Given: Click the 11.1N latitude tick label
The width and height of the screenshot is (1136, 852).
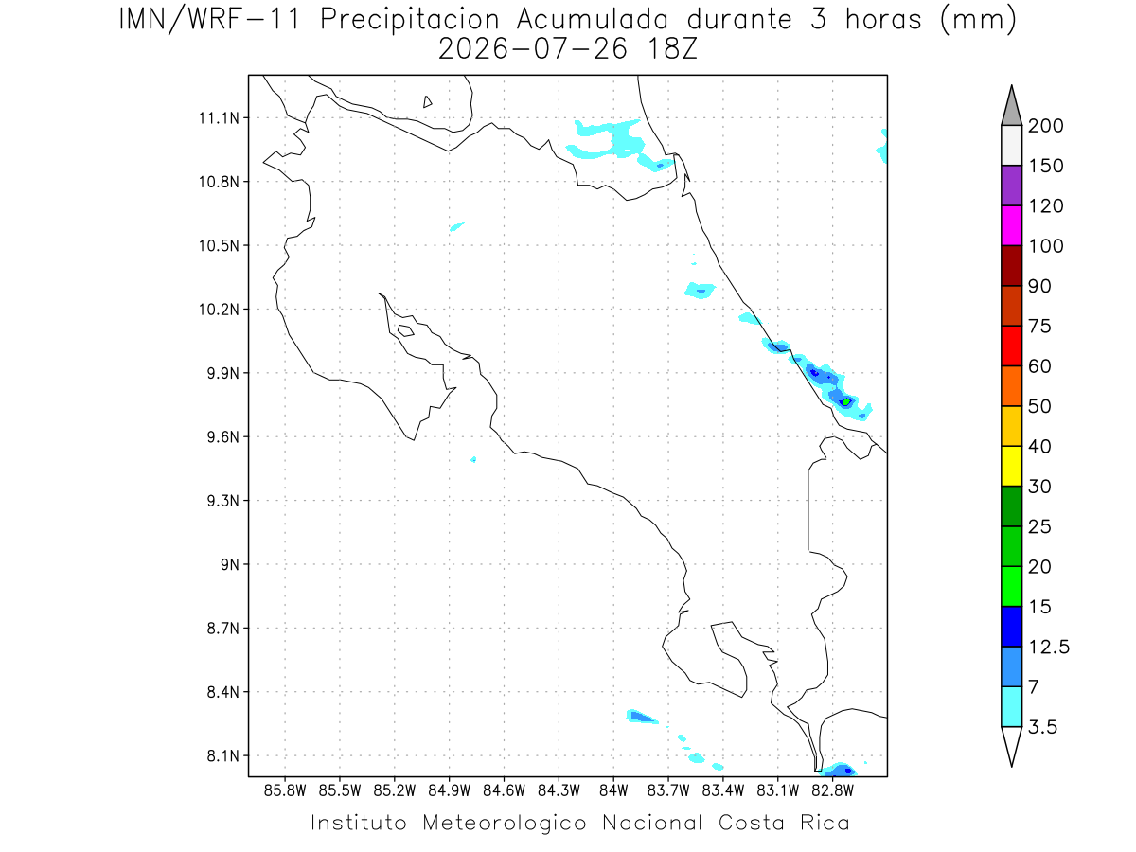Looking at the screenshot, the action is (x=219, y=118).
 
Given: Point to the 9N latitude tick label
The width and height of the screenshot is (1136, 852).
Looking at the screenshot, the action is (x=230, y=564).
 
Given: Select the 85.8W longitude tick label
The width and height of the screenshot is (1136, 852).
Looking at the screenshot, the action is (x=285, y=791).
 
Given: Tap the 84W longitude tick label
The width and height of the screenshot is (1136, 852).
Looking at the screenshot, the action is (x=613, y=791).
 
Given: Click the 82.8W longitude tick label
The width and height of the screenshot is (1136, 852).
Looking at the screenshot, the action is (x=833, y=791).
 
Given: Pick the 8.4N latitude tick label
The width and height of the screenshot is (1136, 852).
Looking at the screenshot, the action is (x=223, y=692).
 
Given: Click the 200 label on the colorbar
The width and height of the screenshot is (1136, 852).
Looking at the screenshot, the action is (x=1045, y=126).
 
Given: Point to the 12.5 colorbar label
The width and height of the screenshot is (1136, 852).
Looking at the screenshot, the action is (x=1049, y=648).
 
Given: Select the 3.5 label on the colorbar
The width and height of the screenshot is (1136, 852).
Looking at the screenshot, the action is (x=1042, y=727).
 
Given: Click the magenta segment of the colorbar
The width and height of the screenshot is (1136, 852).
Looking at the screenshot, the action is (x=1011, y=225).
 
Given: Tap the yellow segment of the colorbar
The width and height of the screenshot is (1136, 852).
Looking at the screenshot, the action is (x=1011, y=466).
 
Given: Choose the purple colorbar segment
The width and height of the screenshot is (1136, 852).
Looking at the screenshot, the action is (x=1011, y=186).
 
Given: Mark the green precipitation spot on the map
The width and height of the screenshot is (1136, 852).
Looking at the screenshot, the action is (x=846, y=402).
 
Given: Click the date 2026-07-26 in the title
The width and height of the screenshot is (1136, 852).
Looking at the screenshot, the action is (x=533, y=49).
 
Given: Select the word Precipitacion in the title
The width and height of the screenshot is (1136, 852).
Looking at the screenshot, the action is (x=409, y=21).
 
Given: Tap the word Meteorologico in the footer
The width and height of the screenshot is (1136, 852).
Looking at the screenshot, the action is (x=505, y=823).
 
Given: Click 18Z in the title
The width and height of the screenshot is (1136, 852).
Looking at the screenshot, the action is (x=672, y=49).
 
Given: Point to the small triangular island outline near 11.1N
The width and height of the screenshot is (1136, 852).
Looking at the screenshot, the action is (x=427, y=101).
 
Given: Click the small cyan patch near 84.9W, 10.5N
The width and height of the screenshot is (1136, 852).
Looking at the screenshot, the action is (x=457, y=226).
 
